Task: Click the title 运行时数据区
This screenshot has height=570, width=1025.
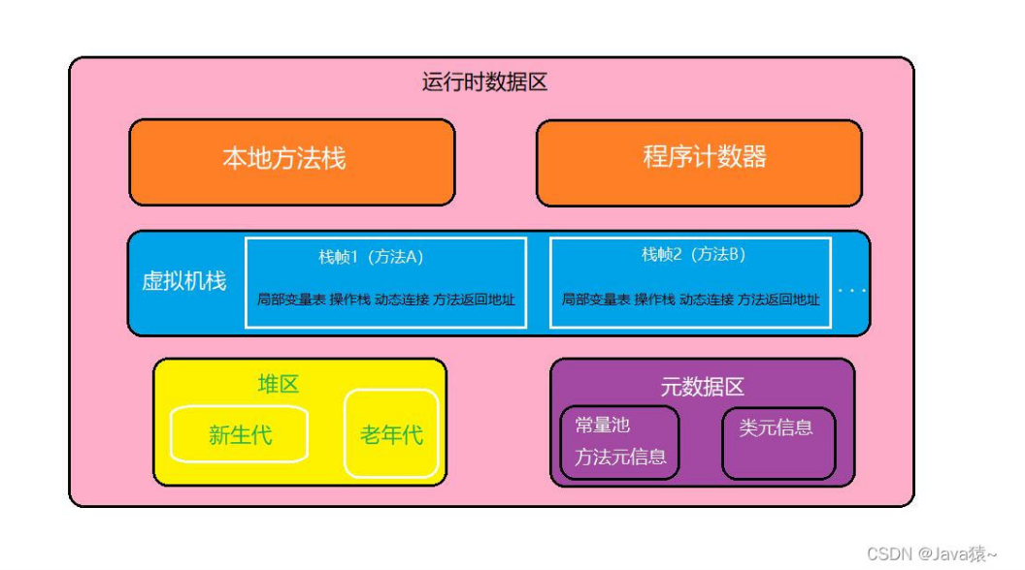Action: (x=484, y=82)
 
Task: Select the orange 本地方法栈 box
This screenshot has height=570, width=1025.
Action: (x=291, y=161)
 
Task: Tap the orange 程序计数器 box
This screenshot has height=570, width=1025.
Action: (x=699, y=161)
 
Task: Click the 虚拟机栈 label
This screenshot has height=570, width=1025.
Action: (x=184, y=282)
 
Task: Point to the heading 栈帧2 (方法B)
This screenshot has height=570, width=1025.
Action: (x=693, y=255)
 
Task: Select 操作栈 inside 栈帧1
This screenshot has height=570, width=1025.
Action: (x=349, y=300)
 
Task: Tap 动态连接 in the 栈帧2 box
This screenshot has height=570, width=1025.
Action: (x=707, y=300)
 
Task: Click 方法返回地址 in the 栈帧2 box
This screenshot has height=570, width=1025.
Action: (x=778, y=300)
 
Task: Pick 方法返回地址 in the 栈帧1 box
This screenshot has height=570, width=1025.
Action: (x=474, y=300)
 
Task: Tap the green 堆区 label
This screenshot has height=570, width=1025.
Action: (x=278, y=385)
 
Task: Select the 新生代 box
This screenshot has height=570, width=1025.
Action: (x=239, y=434)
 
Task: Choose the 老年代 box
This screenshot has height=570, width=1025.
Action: (x=391, y=434)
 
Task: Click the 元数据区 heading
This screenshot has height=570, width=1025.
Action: (x=702, y=387)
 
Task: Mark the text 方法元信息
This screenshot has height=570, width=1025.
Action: (x=620, y=457)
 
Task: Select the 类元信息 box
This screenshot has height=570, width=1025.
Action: (x=777, y=442)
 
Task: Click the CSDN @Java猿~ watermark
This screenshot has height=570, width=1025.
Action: (x=931, y=554)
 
